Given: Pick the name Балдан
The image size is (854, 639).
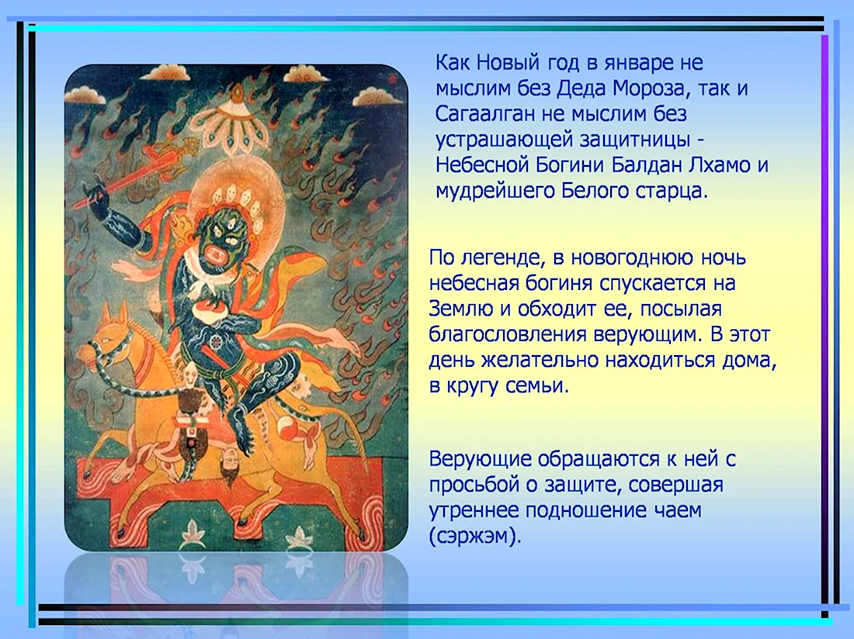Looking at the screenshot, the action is click(x=646, y=164).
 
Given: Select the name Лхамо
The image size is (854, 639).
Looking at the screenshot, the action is click(x=719, y=164).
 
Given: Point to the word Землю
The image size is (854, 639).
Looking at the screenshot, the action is click(x=461, y=309).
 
